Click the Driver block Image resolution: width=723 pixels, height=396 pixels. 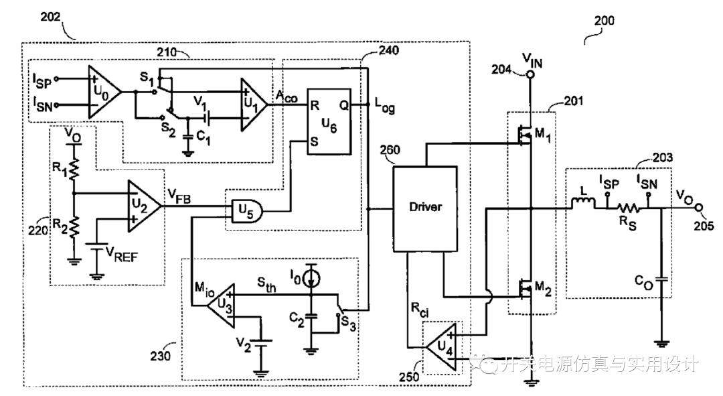(x=425, y=208)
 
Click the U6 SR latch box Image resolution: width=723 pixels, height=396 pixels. (x=329, y=121)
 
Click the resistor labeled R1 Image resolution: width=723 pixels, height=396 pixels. (x=75, y=172)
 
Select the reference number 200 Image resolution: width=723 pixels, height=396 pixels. (x=605, y=21)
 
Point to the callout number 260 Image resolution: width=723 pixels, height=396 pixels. (x=391, y=151)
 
